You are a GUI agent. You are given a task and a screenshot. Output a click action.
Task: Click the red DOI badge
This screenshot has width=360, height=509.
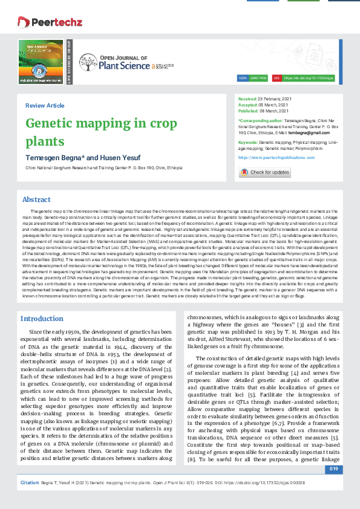277,79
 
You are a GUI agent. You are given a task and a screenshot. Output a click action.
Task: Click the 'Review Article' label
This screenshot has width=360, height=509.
45,106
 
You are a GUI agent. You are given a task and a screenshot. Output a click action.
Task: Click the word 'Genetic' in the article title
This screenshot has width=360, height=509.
53,124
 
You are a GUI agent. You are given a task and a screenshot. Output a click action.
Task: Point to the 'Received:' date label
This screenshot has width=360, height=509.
247,98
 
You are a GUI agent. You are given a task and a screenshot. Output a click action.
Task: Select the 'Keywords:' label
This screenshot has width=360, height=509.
248,141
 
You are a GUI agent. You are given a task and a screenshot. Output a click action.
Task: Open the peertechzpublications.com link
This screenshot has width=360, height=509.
268,157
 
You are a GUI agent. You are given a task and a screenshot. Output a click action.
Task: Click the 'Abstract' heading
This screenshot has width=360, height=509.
36,199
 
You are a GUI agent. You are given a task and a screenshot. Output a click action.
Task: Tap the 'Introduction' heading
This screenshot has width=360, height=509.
42,319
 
